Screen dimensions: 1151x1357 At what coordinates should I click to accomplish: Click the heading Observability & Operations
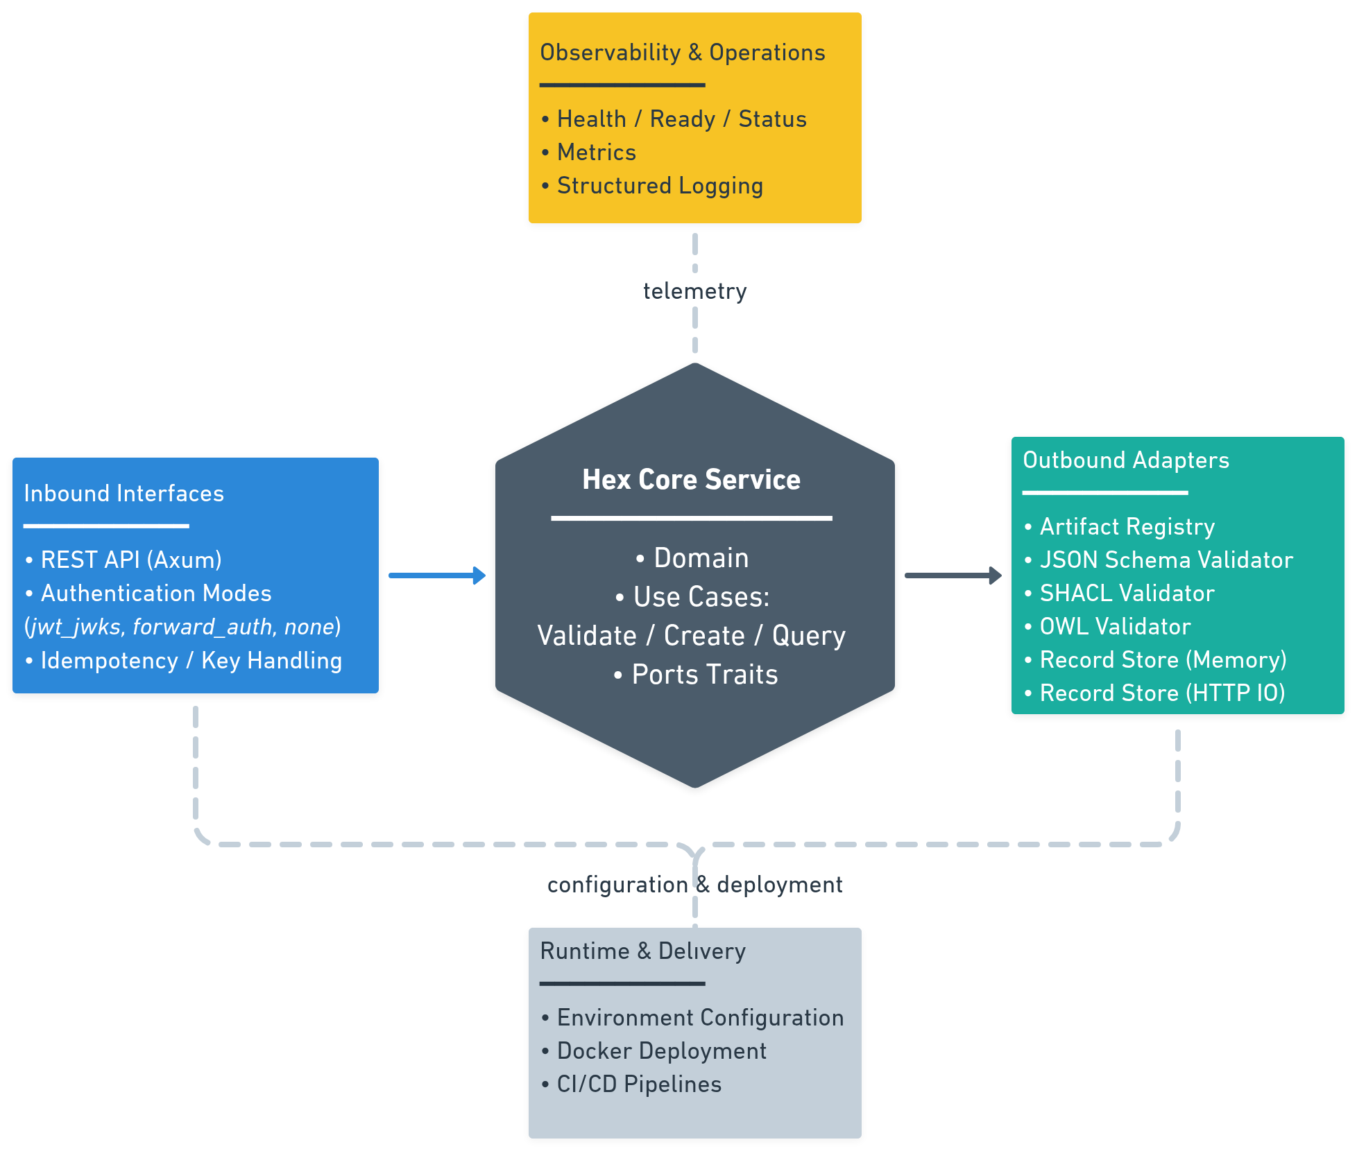tap(682, 53)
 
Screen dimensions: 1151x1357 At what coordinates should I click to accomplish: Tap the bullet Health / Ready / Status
tap(681, 119)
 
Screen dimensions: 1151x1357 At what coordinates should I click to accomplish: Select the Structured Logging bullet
tap(659, 186)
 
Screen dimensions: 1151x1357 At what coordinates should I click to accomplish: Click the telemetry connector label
tap(694, 291)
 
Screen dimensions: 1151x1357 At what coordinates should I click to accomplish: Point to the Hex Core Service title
tap(691, 480)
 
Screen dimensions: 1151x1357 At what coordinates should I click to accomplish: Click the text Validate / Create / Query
tap(691, 636)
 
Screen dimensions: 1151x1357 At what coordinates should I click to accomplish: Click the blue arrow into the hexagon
tap(437, 575)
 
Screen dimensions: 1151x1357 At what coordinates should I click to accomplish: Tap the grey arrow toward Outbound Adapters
tap(953, 575)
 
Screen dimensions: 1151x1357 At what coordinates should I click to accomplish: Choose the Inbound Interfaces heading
tap(123, 494)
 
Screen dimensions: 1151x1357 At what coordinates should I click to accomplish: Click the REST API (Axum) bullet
tap(130, 560)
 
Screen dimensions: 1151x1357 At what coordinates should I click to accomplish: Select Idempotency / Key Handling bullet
tap(191, 661)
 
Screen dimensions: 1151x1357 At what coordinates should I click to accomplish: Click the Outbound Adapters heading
tap(1125, 460)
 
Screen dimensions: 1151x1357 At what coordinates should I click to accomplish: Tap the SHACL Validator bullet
tap(1127, 594)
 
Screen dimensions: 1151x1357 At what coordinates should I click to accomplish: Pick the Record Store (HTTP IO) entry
tap(1162, 693)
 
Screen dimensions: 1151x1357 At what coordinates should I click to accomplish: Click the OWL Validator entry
tap(1115, 627)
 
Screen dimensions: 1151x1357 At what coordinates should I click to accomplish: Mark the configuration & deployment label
tap(694, 885)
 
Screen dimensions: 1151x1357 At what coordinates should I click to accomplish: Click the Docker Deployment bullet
tap(661, 1051)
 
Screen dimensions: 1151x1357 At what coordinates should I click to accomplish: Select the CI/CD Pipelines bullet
tap(638, 1084)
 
